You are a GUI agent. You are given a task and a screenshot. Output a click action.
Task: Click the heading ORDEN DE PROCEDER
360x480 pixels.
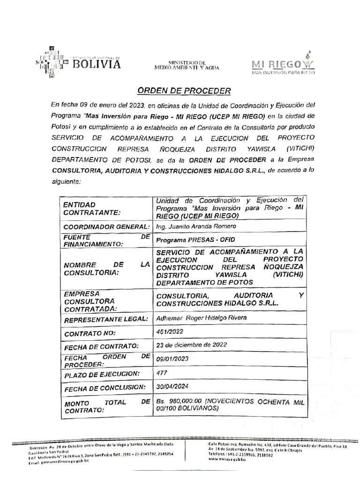pos(184,90)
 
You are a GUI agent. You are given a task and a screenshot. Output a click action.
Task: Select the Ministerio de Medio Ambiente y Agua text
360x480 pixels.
pos(187,65)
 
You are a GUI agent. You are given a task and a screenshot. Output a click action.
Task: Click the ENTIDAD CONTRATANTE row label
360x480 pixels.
pos(92,208)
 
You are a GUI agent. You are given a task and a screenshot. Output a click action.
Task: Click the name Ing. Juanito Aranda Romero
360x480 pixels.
pos(196,226)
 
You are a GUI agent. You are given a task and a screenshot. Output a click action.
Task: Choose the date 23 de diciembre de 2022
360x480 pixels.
pos(191,345)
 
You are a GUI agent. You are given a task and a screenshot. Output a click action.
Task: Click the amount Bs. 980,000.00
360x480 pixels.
pos(179,401)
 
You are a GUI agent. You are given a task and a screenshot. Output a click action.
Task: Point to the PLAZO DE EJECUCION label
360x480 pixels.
pos(102,374)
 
